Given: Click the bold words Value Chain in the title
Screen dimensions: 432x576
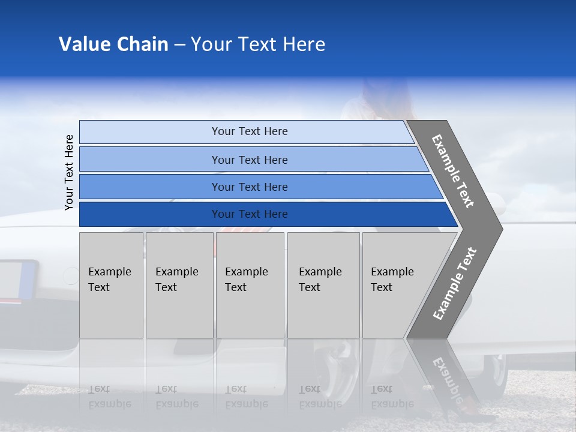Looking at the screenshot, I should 113,44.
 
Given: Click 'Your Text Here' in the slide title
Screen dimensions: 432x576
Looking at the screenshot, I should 258,44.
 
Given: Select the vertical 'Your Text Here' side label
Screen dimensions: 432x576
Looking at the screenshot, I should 70,173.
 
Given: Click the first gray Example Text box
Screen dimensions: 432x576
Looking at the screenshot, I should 111,285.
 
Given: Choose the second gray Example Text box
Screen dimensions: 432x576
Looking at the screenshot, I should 179,285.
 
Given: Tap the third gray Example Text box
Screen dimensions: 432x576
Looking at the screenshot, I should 250,285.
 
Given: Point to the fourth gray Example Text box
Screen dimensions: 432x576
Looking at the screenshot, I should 323,285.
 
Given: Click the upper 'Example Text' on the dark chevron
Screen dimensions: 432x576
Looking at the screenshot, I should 453,171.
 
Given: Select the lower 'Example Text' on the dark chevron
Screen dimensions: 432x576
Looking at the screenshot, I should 455,283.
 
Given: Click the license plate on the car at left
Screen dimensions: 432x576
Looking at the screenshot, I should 18,280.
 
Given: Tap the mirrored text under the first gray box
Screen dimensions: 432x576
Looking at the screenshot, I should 109,397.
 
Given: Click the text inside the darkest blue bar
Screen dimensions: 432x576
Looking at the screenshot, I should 250,214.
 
